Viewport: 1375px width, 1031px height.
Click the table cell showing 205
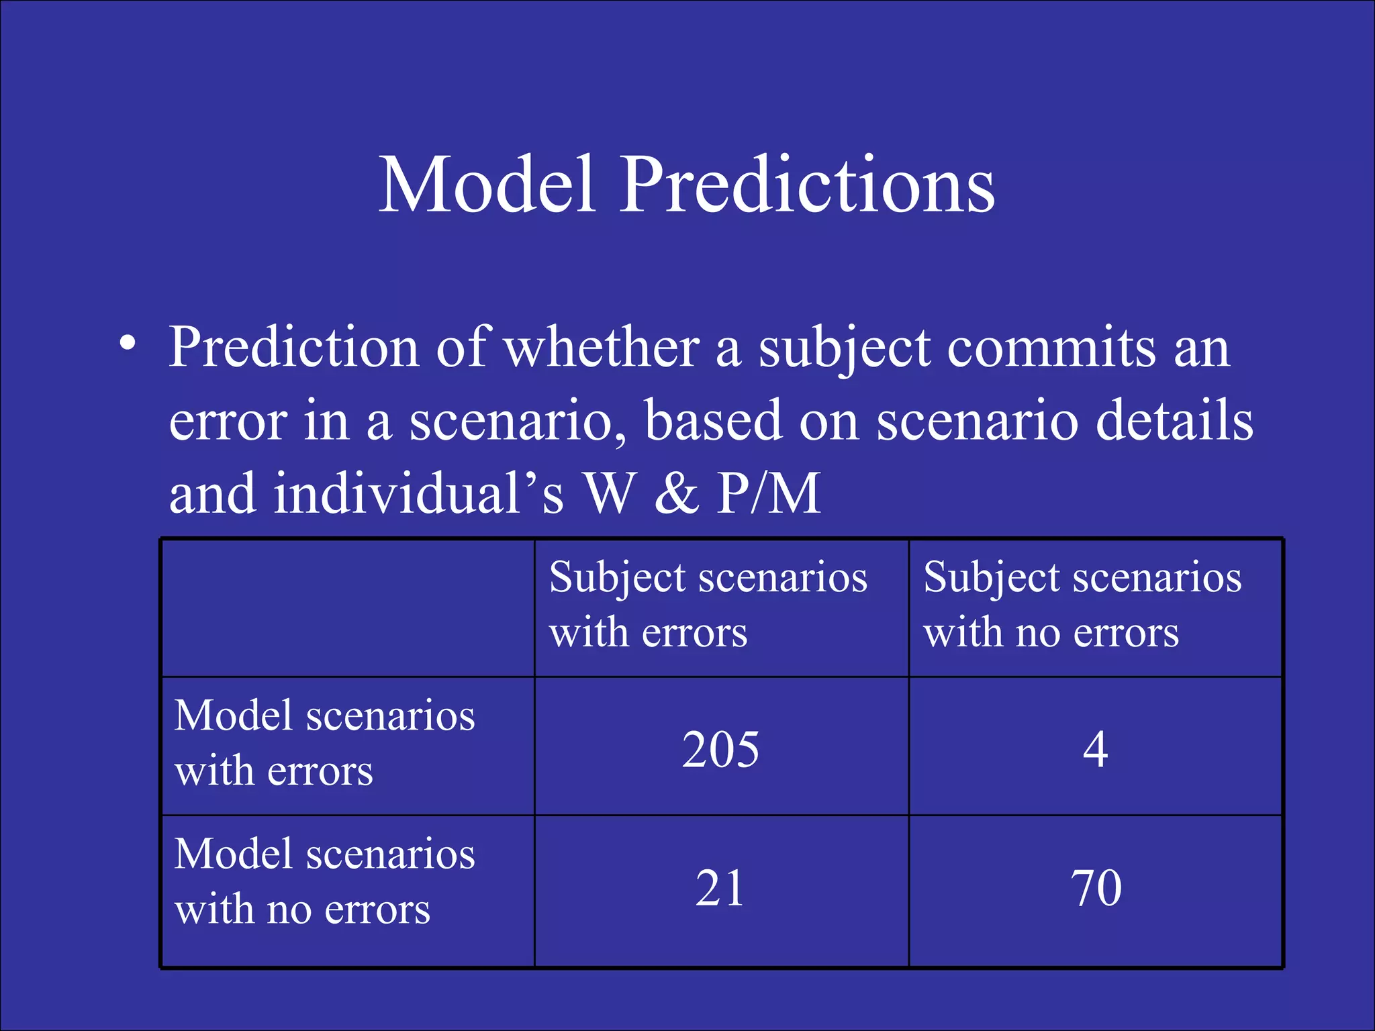click(x=720, y=749)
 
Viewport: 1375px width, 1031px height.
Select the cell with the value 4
click(x=1095, y=749)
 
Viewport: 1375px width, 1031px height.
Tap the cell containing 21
click(x=720, y=888)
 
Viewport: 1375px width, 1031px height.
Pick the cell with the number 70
click(x=1096, y=888)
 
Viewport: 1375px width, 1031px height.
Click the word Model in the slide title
click(x=487, y=184)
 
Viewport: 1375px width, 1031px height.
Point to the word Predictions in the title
click(x=807, y=184)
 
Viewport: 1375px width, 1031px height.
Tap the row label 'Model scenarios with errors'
click(x=324, y=742)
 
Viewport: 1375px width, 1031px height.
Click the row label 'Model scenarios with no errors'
click(x=324, y=881)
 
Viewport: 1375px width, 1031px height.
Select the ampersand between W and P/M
click(x=676, y=493)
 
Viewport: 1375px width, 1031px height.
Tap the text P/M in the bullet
click(x=769, y=493)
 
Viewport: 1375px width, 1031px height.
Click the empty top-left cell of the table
click(x=348, y=608)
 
